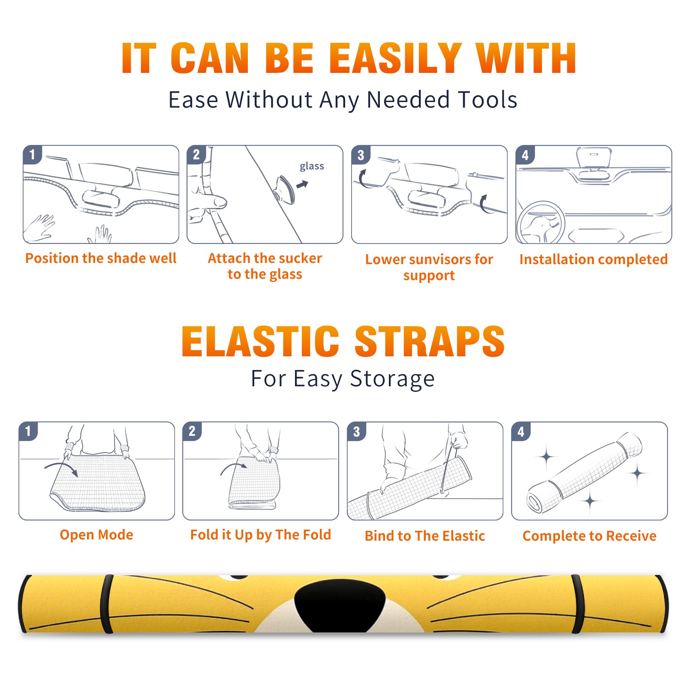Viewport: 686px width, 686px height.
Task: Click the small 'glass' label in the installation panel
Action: point(312,166)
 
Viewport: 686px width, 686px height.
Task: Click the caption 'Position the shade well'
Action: point(101,258)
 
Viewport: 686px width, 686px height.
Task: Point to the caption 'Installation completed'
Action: point(593,259)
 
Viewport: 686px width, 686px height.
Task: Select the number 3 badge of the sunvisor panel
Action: point(361,155)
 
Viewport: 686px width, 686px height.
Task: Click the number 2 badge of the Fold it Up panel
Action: point(192,431)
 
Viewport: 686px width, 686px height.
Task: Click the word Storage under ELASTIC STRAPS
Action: point(392,379)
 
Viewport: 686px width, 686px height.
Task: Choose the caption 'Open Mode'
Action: point(96,535)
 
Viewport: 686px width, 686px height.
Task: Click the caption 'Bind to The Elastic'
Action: point(425,536)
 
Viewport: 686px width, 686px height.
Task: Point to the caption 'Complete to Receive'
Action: point(590,536)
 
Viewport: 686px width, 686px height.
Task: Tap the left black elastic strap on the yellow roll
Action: point(106,604)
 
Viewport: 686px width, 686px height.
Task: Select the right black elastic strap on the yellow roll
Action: point(578,604)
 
